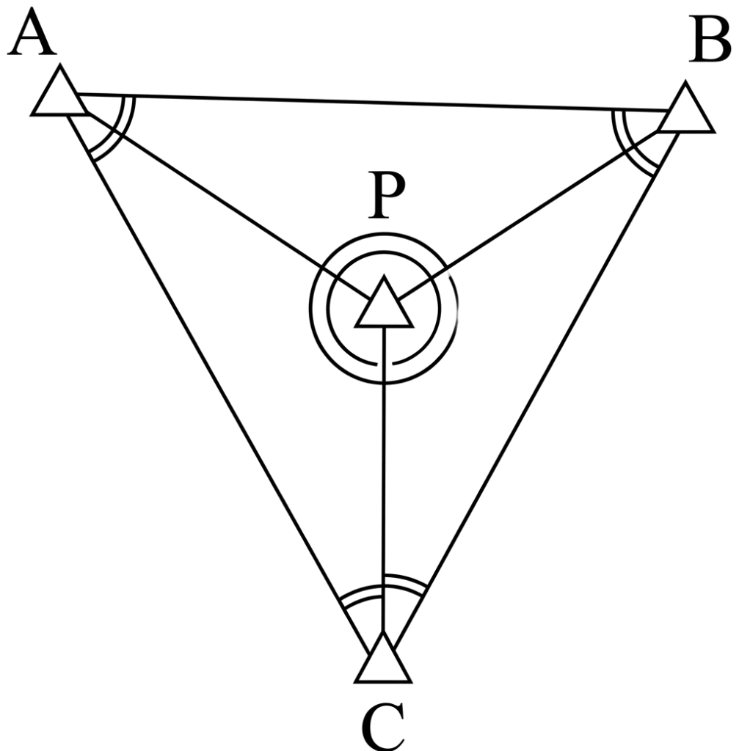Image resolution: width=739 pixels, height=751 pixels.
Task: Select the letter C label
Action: pyautogui.click(x=383, y=727)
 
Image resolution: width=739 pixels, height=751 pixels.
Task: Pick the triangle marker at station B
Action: pyautogui.click(x=685, y=111)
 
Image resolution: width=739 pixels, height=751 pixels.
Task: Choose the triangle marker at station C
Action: pyautogui.click(x=382, y=662)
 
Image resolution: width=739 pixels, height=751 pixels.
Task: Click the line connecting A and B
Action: pyautogui.click(x=367, y=102)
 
